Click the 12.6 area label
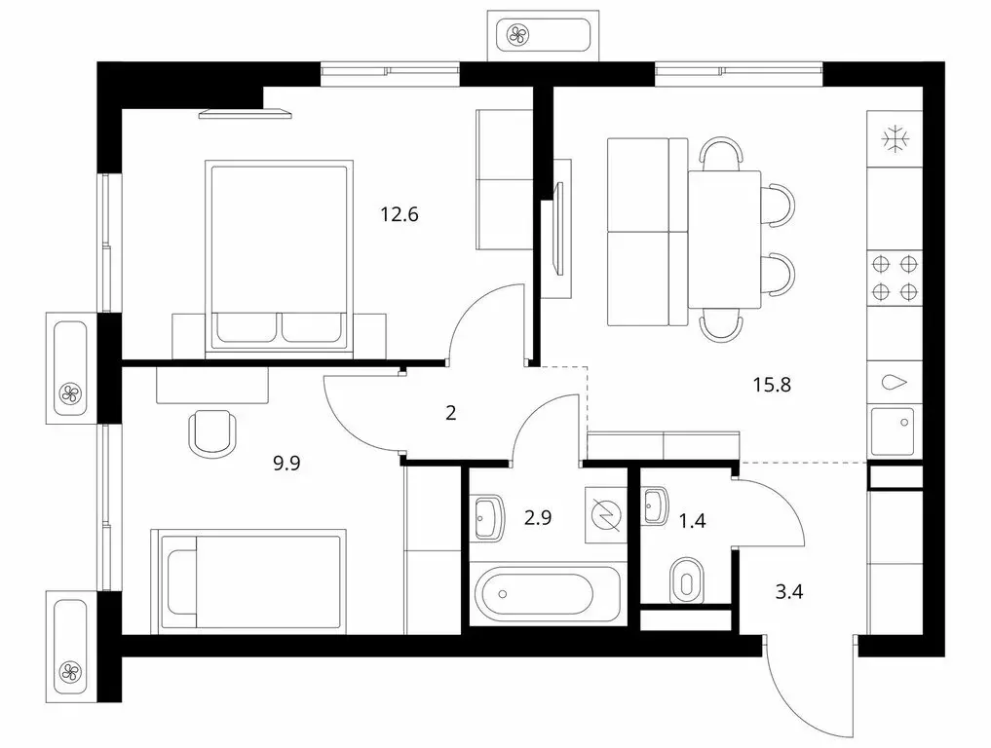click(400, 214)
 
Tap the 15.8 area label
click(771, 384)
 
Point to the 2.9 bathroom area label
click(539, 517)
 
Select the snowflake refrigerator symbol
click(894, 139)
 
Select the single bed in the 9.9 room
click(248, 580)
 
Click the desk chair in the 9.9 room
click(210, 431)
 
